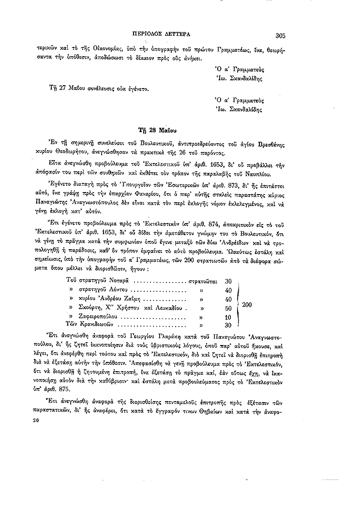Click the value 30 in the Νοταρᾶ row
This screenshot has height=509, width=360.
click(229, 281)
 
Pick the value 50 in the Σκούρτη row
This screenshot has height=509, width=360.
click(229, 308)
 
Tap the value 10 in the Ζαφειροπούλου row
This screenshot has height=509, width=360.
click(229, 317)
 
